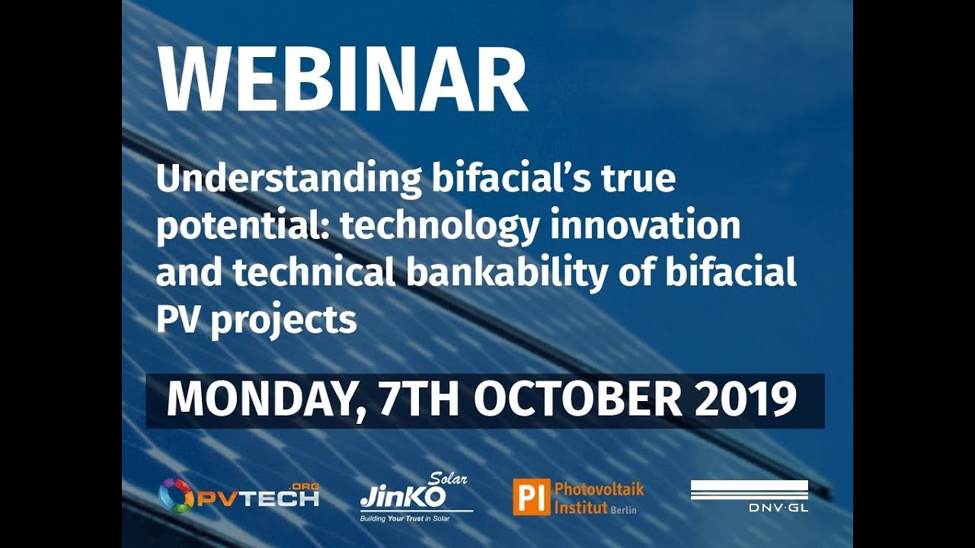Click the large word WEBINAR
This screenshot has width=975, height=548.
tap(342, 80)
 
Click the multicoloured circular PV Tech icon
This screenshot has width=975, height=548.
tap(175, 495)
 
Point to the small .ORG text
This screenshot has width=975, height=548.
tap(305, 486)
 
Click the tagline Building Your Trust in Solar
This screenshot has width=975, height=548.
tap(411, 518)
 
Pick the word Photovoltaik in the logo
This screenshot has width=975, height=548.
tap(599, 489)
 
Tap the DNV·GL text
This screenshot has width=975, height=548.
tap(777, 508)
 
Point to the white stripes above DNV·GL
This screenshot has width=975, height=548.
tap(750, 489)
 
